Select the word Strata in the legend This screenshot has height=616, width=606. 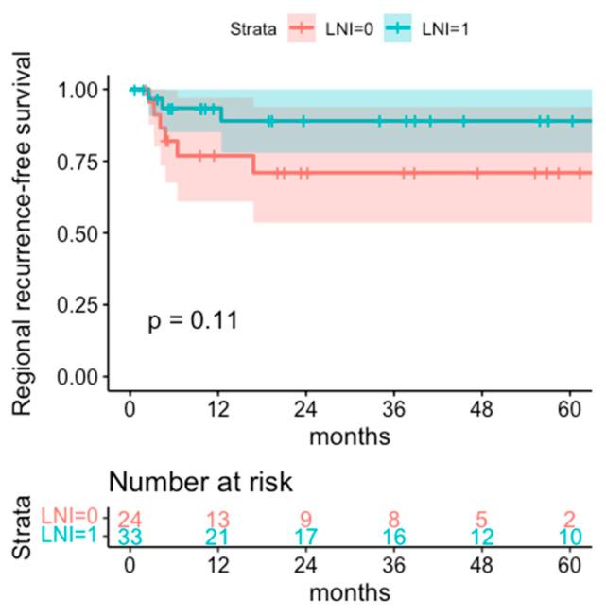click(252, 29)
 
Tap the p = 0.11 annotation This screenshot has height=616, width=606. click(193, 320)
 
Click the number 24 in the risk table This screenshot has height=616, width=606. click(130, 519)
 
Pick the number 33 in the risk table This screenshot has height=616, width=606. click(130, 538)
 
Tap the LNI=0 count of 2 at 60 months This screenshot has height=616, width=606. click(570, 519)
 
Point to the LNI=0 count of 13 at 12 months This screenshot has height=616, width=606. click(218, 519)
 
